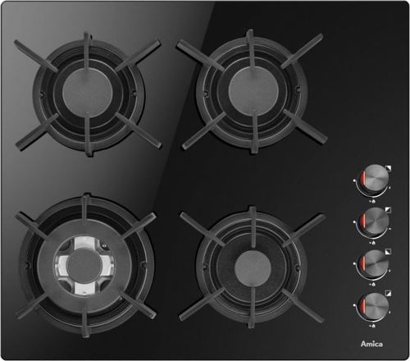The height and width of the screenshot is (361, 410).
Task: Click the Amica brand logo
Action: (x=371, y=344)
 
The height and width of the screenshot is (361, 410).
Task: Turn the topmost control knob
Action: (x=375, y=178)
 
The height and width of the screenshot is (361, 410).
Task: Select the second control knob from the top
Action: (x=374, y=220)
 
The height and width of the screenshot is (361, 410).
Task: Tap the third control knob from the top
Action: (x=374, y=263)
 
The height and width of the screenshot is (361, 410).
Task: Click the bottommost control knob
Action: (x=374, y=305)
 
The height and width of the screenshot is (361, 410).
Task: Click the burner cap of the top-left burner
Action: (x=87, y=92)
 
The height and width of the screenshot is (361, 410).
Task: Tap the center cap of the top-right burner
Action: (x=253, y=90)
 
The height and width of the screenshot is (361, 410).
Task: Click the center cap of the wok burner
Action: (x=84, y=266)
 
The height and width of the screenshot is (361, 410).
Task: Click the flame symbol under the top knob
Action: (x=373, y=201)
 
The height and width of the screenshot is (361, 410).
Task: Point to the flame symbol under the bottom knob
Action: (x=373, y=326)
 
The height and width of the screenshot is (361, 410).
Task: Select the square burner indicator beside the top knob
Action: (x=389, y=168)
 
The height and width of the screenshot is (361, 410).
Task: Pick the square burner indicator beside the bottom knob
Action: (x=388, y=293)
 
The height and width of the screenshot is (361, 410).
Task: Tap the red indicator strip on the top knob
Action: (x=363, y=179)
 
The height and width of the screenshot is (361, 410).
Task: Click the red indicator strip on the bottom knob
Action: (x=363, y=305)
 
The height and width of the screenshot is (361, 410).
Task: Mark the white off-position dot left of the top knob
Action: (x=354, y=180)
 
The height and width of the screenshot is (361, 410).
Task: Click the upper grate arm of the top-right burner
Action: (x=250, y=48)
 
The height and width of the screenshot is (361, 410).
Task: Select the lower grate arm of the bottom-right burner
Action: (x=251, y=307)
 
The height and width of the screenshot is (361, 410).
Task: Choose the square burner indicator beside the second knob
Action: (x=388, y=210)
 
